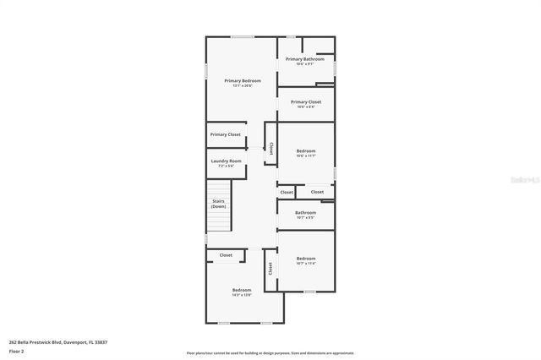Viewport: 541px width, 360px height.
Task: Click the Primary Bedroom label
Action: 242,80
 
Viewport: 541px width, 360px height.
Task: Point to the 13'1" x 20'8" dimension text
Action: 242,85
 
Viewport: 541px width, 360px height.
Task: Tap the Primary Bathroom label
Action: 305,59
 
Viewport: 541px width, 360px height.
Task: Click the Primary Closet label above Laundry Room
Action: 226,134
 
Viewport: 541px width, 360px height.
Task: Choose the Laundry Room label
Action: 226,161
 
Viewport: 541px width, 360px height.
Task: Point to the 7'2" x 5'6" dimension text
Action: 226,166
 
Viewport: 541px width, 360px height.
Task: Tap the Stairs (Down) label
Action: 218,204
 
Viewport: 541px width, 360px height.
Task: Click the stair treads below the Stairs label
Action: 220,221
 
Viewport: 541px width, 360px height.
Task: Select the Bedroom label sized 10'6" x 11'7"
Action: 305,151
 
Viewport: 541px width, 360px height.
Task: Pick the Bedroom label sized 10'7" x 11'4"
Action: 305,259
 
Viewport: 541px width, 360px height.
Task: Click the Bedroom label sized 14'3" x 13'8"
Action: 242,290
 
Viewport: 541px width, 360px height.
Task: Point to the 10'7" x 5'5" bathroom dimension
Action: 305,217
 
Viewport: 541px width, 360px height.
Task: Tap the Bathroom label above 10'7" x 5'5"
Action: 305,212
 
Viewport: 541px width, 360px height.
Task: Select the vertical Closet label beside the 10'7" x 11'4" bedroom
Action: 270,269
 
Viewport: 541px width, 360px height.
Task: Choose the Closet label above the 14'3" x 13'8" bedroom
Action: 226,254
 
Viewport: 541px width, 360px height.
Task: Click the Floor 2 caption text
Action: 16,351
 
